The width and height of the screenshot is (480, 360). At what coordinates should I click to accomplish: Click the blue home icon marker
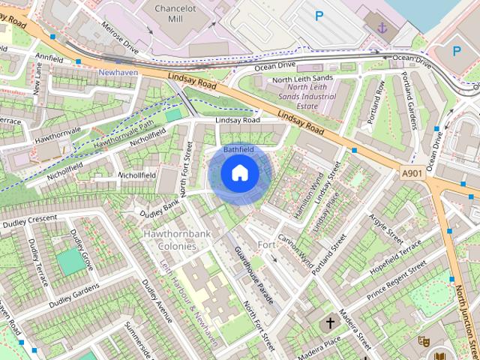coord(240,173)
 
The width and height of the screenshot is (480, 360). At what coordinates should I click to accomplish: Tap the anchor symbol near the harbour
coord(382,28)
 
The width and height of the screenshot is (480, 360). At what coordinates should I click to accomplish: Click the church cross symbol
coord(330,323)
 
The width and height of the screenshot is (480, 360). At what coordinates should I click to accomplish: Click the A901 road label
coord(412,173)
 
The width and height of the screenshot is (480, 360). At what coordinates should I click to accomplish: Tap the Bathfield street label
coord(238,150)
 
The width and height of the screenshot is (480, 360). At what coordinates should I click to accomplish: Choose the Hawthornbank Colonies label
coord(177,240)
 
